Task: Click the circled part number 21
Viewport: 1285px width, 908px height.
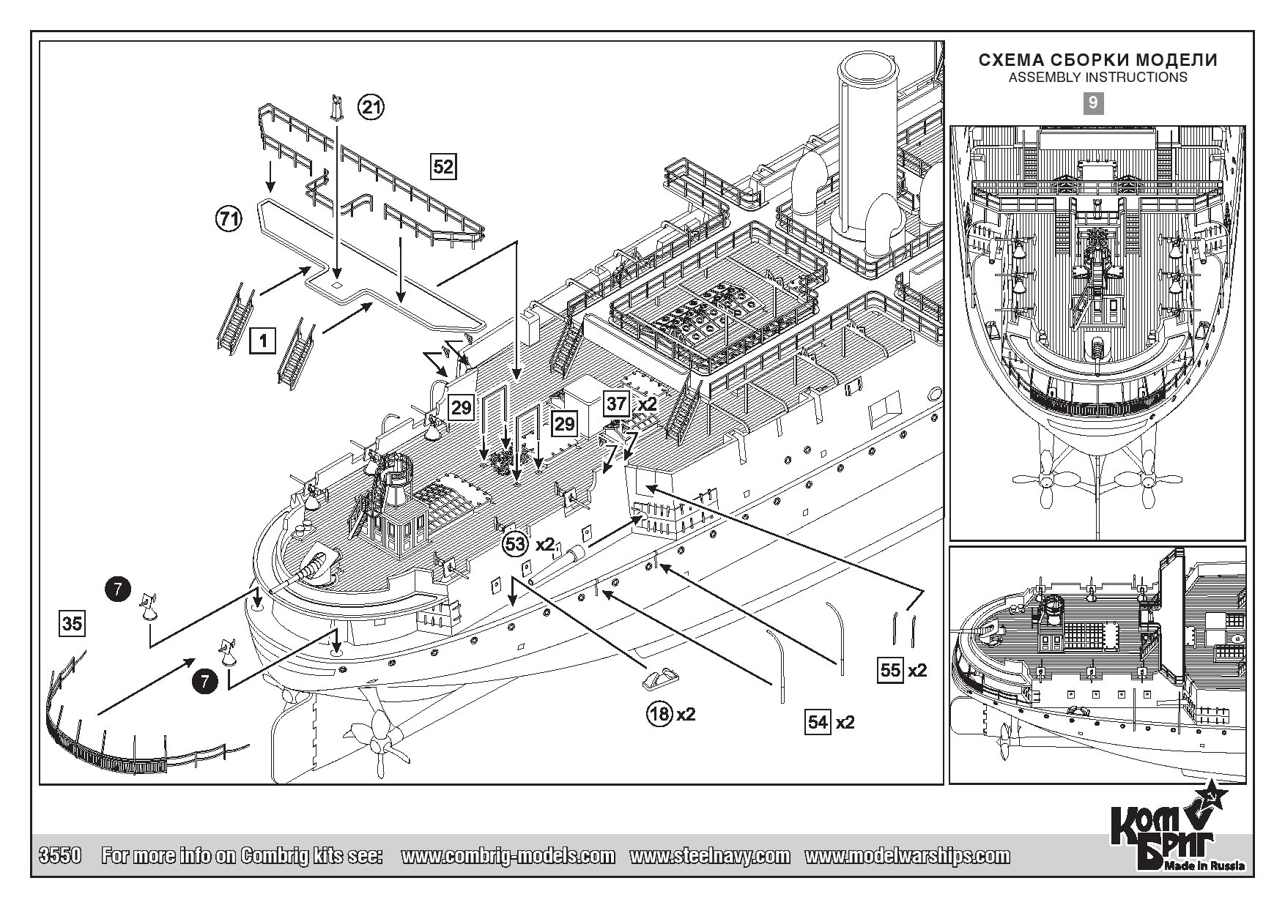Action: coord(371,108)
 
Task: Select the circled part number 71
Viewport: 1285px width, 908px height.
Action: coord(229,219)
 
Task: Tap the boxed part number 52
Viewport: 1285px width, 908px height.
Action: coord(443,166)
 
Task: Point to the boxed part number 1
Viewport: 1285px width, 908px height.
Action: coord(262,340)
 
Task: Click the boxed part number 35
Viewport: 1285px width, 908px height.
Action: coord(72,624)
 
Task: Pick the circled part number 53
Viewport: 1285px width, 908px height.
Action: coord(516,544)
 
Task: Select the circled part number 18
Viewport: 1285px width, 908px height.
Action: coord(660,713)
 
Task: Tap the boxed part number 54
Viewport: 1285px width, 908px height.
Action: coord(818,722)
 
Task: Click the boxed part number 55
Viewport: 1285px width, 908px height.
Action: coord(890,670)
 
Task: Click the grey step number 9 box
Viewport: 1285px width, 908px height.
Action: coord(1092,103)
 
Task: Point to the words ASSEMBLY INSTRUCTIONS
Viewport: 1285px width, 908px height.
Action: coord(1097,77)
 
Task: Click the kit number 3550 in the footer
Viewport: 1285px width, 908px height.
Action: coord(59,855)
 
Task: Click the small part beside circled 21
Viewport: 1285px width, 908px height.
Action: coord(336,108)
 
